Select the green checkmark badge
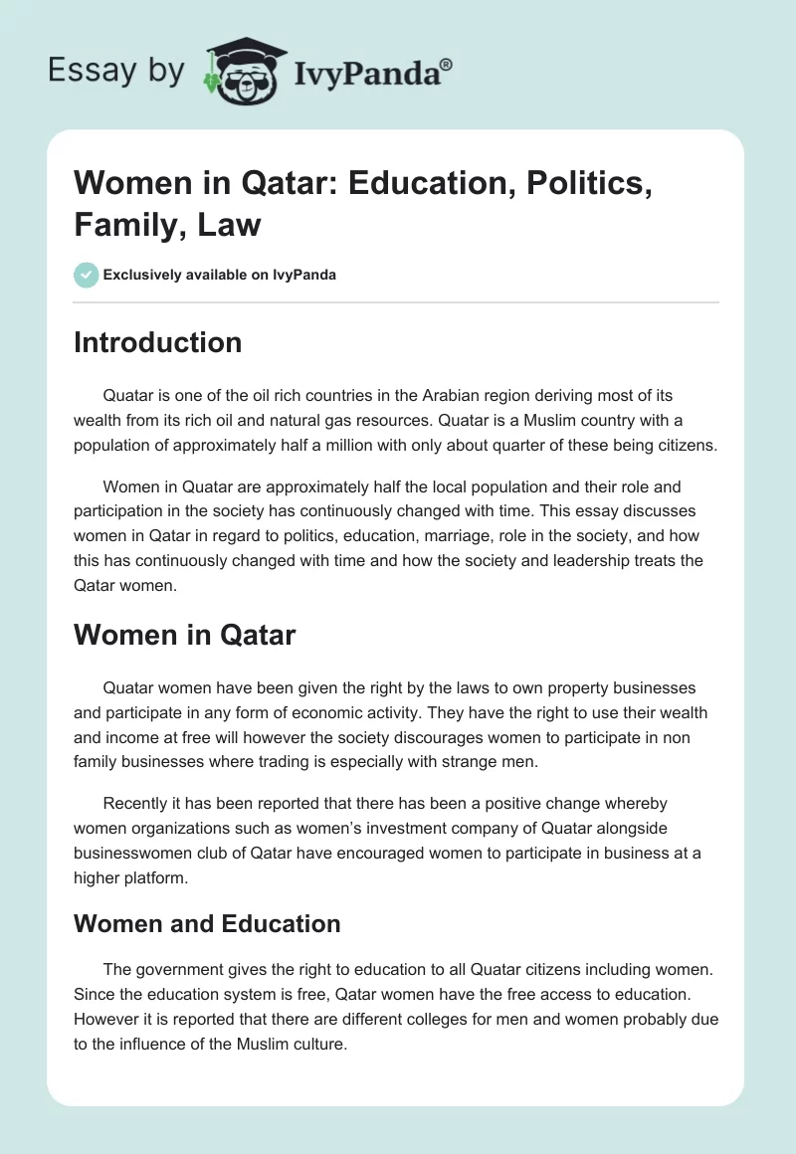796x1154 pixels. tap(87, 275)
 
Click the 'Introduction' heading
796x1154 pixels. tap(157, 342)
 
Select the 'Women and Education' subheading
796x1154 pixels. tap(207, 923)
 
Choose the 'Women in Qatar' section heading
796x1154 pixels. tap(184, 636)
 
